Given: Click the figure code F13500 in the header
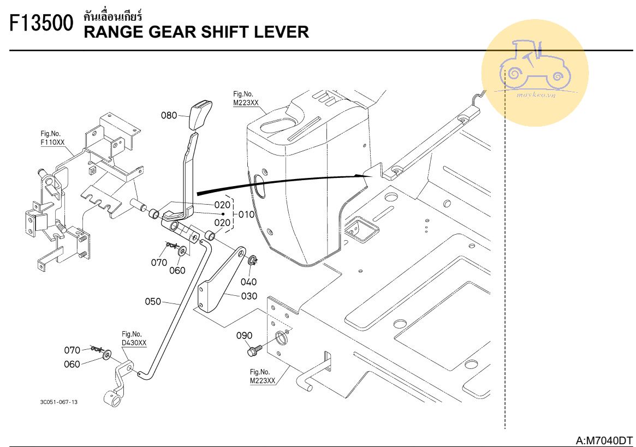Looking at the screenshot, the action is (41, 23).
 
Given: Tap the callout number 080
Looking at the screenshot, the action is (169, 115).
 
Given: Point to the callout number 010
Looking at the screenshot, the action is (246, 214).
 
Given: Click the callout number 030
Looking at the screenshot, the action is (249, 296).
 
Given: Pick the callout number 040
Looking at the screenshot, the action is (248, 282).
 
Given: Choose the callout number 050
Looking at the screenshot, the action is (153, 301).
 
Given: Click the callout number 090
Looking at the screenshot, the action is (244, 336).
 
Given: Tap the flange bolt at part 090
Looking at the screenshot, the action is (254, 350).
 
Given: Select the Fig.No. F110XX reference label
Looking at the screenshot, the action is (52, 138).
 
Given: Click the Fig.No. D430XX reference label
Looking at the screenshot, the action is (134, 338).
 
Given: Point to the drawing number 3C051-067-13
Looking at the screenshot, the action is (59, 402).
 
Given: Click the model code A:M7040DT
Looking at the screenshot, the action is (604, 440).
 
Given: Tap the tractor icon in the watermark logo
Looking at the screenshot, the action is (535, 65).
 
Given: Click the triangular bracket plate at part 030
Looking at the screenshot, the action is (221, 280).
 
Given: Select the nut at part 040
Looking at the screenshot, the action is (252, 260).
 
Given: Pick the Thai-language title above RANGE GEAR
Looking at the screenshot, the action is (113, 16).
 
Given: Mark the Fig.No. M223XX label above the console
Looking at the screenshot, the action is (246, 99).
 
